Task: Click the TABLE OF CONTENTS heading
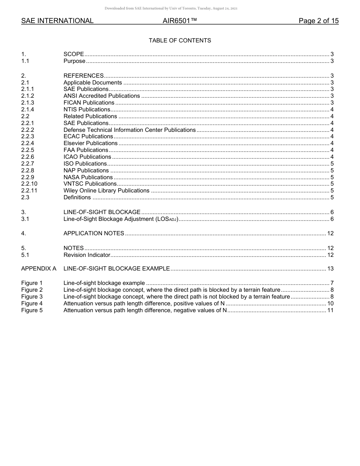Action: click(x=180, y=41)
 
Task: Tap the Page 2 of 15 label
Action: click(x=318, y=21)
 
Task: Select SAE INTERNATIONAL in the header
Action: click(x=57, y=21)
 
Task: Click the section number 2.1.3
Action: click(x=28, y=103)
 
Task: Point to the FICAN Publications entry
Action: click(x=89, y=103)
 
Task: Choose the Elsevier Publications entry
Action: click(x=91, y=143)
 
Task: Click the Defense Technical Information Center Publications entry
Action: click(x=129, y=130)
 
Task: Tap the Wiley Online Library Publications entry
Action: click(x=106, y=191)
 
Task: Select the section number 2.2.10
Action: click(x=29, y=184)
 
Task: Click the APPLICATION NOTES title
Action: click(x=94, y=233)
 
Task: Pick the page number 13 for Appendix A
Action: click(x=330, y=269)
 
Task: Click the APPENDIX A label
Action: click(x=39, y=269)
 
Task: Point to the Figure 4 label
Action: click(x=32, y=303)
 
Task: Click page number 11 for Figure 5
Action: click(x=330, y=310)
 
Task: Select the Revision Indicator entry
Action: click(x=87, y=255)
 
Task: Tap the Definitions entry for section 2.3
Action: click(x=77, y=197)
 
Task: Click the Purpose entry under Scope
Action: click(x=74, y=61)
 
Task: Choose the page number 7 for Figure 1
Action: click(x=332, y=283)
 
